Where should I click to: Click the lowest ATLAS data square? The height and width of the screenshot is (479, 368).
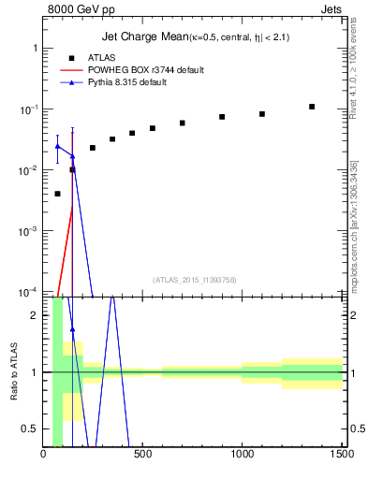point(58,194)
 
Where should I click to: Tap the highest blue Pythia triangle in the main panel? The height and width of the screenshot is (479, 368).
point(58,146)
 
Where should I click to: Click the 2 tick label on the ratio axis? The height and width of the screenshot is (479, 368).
point(35,315)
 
